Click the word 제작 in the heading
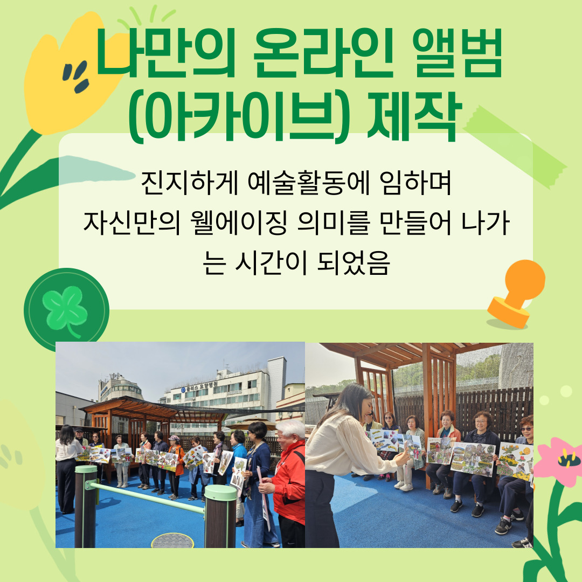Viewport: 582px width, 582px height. [414, 117]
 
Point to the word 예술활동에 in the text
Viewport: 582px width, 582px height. [308, 183]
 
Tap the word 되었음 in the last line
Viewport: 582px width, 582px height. [353, 263]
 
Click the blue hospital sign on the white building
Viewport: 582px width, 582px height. [199, 386]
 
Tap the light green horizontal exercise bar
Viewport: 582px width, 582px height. [146, 498]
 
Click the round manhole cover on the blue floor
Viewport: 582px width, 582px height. [172, 541]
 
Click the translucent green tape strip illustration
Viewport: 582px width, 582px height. [515, 147]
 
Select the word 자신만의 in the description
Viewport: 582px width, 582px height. [132, 223]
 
